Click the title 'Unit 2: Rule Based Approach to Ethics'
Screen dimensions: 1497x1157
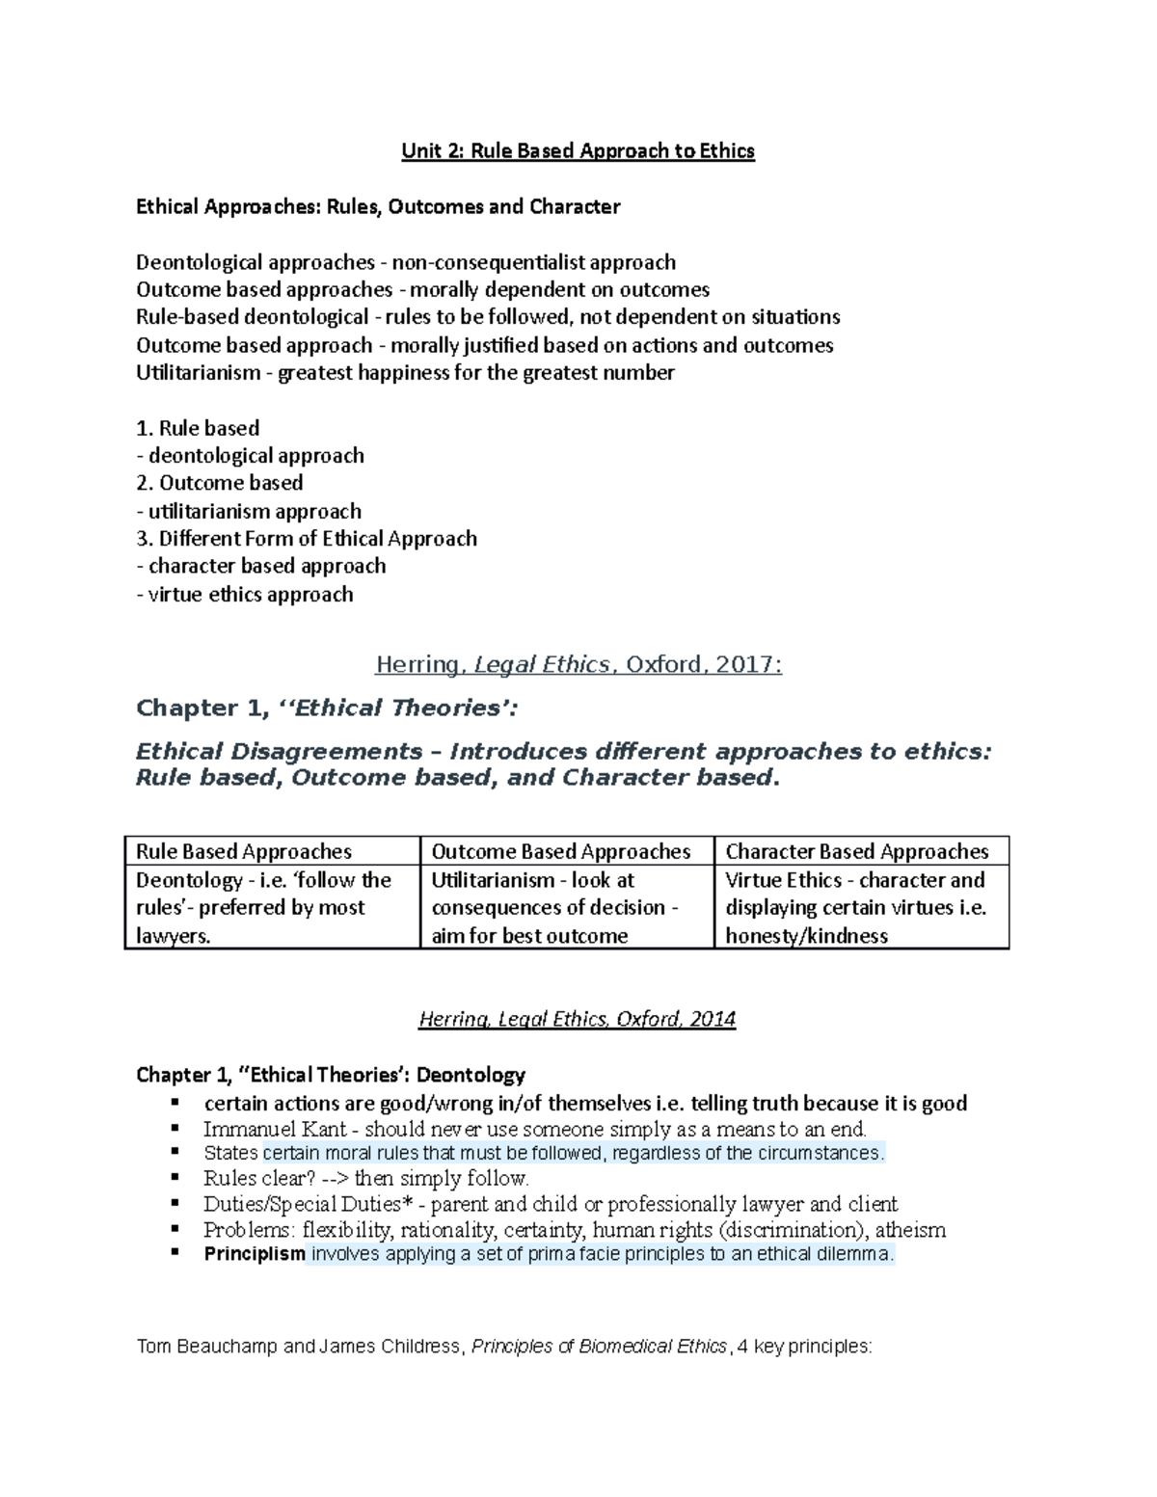point(578,151)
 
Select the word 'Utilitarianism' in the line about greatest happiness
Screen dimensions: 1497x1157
point(198,373)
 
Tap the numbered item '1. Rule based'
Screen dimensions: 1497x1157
point(198,428)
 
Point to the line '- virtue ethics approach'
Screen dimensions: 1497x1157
point(245,595)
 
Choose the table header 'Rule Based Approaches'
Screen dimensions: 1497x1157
point(244,851)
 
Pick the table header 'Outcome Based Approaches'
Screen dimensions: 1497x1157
point(560,851)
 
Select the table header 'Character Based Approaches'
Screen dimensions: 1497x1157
point(856,851)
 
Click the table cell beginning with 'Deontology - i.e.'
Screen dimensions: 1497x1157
point(263,907)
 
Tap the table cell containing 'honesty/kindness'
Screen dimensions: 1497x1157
point(806,936)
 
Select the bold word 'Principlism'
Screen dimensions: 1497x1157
point(255,1254)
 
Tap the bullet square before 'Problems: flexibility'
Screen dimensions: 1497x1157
point(175,1229)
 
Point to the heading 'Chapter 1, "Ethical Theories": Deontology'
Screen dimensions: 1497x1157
point(331,1075)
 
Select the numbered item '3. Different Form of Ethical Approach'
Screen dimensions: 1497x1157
point(307,539)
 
